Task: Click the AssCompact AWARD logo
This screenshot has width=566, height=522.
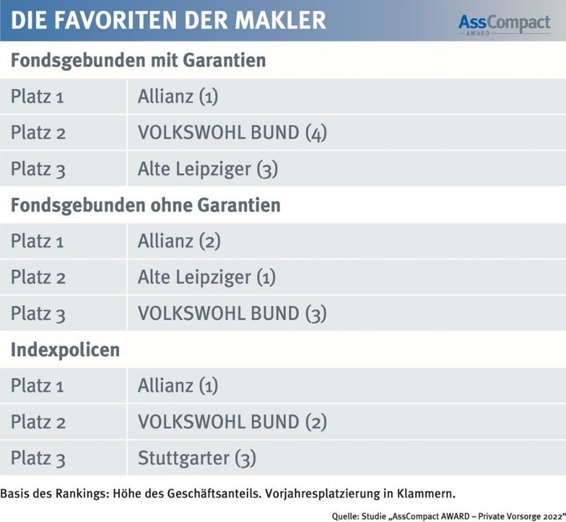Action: coord(504,24)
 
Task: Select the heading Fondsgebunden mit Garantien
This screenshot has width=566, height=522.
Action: coord(138,61)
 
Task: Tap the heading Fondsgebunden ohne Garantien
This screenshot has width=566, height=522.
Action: coord(145,205)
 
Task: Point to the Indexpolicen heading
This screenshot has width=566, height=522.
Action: coord(65,350)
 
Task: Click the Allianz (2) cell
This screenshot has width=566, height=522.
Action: coord(179,241)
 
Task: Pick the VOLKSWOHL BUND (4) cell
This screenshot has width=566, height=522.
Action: coord(232,133)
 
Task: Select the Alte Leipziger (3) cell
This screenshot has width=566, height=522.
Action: coord(208,169)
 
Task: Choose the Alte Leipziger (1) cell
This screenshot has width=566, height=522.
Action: coord(206,278)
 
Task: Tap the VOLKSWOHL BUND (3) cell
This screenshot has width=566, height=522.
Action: coord(232,313)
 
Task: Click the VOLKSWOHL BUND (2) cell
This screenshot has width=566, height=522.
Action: coord(232,422)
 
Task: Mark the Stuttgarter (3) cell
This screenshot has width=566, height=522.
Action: coord(197,458)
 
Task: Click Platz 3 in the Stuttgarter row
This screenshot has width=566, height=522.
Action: coord(38,458)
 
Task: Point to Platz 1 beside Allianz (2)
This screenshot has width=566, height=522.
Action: coord(38,242)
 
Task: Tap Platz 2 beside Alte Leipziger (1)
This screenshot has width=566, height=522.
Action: coord(38,278)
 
